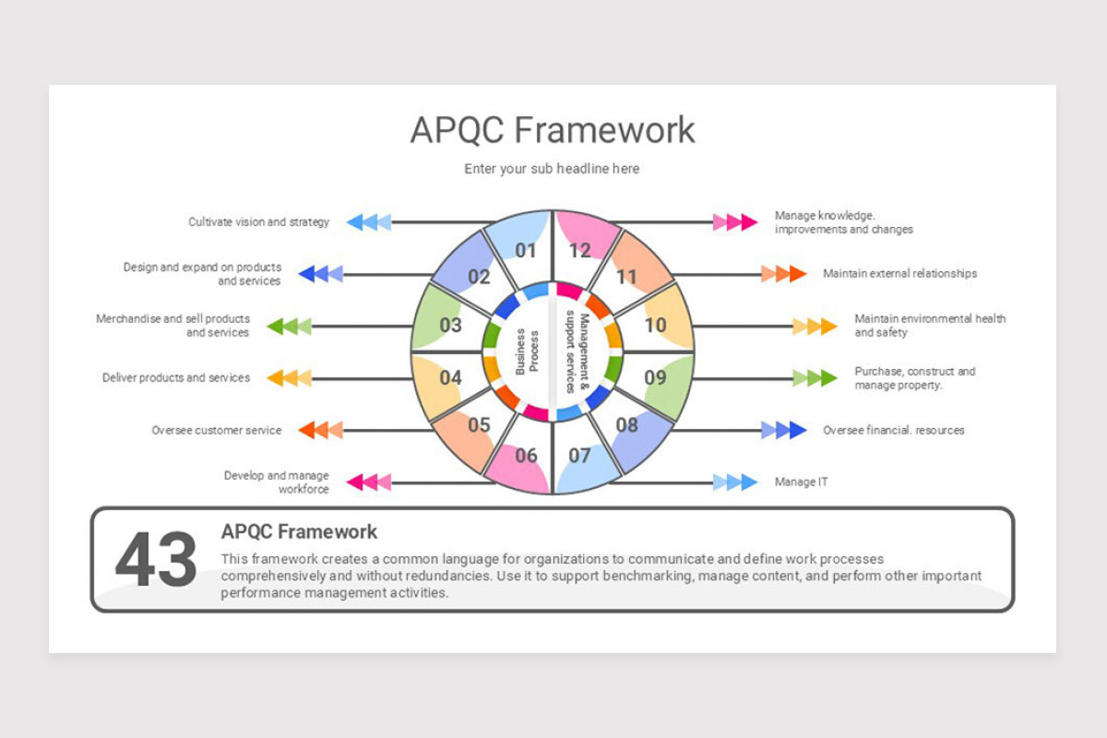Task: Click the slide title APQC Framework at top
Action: (x=553, y=130)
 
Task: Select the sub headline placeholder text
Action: (x=552, y=169)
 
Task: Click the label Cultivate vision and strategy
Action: (x=258, y=222)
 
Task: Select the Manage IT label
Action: (x=801, y=482)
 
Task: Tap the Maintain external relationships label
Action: (x=900, y=273)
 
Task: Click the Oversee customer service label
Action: (x=217, y=430)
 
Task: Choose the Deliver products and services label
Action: (x=176, y=377)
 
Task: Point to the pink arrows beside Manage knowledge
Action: (x=735, y=222)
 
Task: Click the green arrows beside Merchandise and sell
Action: (x=289, y=327)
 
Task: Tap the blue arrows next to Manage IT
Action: (x=735, y=482)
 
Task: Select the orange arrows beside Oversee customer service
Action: (x=321, y=430)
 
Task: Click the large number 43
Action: (x=156, y=560)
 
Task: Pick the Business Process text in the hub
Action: (x=527, y=352)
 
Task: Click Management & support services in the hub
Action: (x=577, y=352)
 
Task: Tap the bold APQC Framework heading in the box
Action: (x=299, y=532)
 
